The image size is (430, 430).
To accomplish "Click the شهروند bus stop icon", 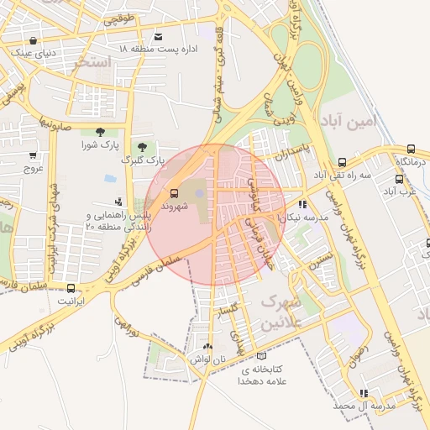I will [174, 191].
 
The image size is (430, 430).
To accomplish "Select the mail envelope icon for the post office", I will [159, 37].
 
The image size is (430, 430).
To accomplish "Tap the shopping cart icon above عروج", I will [33, 155].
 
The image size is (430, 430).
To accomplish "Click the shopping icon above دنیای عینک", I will [33, 40].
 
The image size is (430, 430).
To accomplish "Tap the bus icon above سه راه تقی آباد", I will [342, 162].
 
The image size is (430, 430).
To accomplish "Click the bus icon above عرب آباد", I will [399, 179].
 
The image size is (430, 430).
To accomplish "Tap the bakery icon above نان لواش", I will [207, 346].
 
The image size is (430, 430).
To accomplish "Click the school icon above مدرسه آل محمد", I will [363, 393].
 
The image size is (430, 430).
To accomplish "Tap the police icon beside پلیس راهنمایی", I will [118, 202].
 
